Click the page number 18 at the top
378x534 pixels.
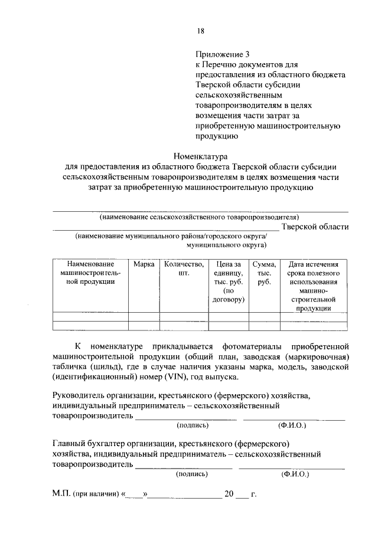[201, 31]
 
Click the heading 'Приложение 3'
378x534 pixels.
[219, 53]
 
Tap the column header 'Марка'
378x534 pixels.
[144, 264]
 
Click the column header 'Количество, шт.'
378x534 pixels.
[183, 269]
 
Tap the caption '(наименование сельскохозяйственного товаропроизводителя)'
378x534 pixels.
[200, 217]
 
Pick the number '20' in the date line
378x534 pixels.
[229, 494]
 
